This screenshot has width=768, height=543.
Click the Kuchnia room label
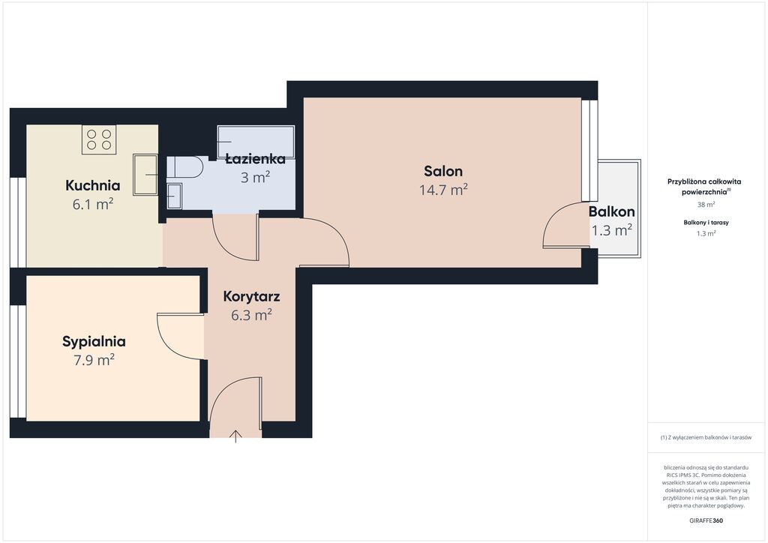coord(92,185)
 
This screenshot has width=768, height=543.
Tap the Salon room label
coord(443,171)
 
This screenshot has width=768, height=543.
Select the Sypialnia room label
coord(94,341)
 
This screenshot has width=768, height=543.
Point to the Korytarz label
coord(251,296)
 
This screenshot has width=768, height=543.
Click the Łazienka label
coord(255,158)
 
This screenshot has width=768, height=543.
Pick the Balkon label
coord(612,211)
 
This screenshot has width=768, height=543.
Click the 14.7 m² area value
coord(443,190)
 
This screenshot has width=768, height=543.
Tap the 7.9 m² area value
coord(94,360)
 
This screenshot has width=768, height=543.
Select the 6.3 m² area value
coord(251,315)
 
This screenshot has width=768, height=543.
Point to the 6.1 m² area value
coord(93,204)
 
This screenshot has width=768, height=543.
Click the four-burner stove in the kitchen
coord(99,139)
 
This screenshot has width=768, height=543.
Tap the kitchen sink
coord(145,174)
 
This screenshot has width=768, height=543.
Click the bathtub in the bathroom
coord(256,142)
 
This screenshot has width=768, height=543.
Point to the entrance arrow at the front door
coord(235,436)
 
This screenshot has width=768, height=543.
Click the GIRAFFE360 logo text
coord(706,520)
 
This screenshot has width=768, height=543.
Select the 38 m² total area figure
coord(706,205)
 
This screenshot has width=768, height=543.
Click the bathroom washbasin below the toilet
coord(174,196)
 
